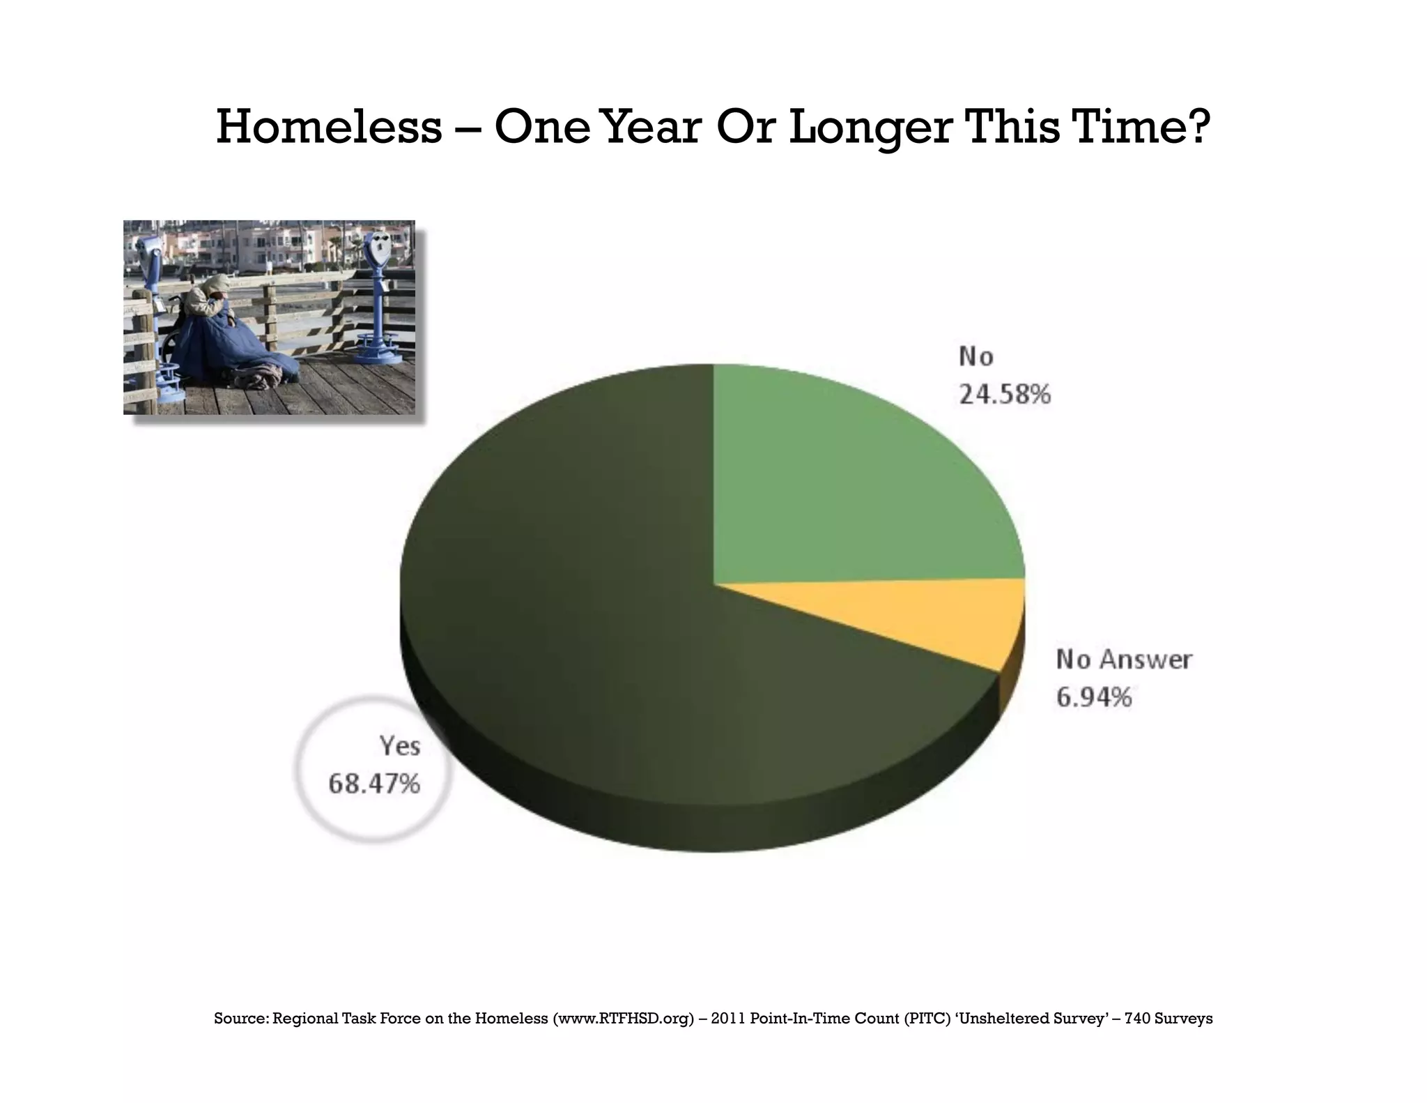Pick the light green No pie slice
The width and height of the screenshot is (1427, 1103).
(850, 488)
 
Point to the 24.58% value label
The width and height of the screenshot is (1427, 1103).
(1005, 395)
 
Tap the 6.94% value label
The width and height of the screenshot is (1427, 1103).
(1093, 697)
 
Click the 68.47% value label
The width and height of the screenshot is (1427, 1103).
(374, 784)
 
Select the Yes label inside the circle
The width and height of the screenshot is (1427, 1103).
(400, 746)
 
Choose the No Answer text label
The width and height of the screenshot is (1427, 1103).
(1124, 659)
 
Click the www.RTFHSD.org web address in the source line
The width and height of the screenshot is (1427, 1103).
(624, 1019)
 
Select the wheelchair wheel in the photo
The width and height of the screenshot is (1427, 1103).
(170, 349)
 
